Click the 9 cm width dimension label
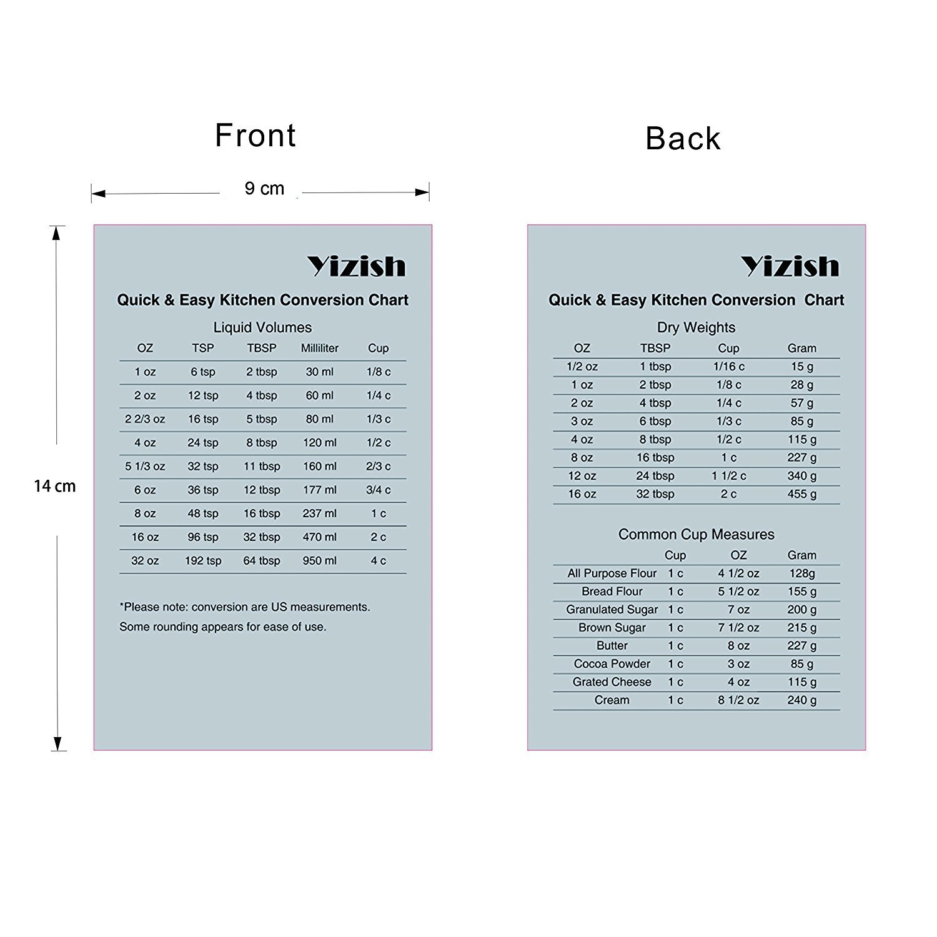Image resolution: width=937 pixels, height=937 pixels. tap(264, 189)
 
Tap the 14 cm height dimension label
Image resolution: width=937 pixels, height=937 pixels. tap(55, 486)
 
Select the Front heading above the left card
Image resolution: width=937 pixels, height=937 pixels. tap(255, 136)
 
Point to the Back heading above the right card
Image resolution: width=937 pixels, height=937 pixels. tap(683, 139)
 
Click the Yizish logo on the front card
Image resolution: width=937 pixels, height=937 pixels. tap(356, 267)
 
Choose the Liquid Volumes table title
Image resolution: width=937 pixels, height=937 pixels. tap(262, 327)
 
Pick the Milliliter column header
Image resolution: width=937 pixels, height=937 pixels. tap(319, 348)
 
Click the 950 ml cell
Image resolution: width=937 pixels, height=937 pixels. tap(319, 561)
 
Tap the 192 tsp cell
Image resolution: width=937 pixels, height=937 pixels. tap(203, 561)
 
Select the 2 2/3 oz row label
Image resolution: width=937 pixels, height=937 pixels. tap(145, 419)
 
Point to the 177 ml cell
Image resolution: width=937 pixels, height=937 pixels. tap(319, 490)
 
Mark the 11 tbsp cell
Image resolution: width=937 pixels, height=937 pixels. tap(262, 466)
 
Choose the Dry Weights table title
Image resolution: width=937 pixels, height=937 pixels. tap(696, 327)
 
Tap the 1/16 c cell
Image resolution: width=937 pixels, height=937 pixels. tap(728, 367)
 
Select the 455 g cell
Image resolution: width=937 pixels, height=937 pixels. tap(801, 494)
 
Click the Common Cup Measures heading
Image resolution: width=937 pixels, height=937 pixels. tap(696, 535)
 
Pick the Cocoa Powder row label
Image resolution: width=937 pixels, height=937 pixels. tap(612, 664)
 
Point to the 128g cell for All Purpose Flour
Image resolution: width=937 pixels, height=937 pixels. tap(801, 573)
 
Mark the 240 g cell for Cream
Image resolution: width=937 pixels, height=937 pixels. tap(801, 700)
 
